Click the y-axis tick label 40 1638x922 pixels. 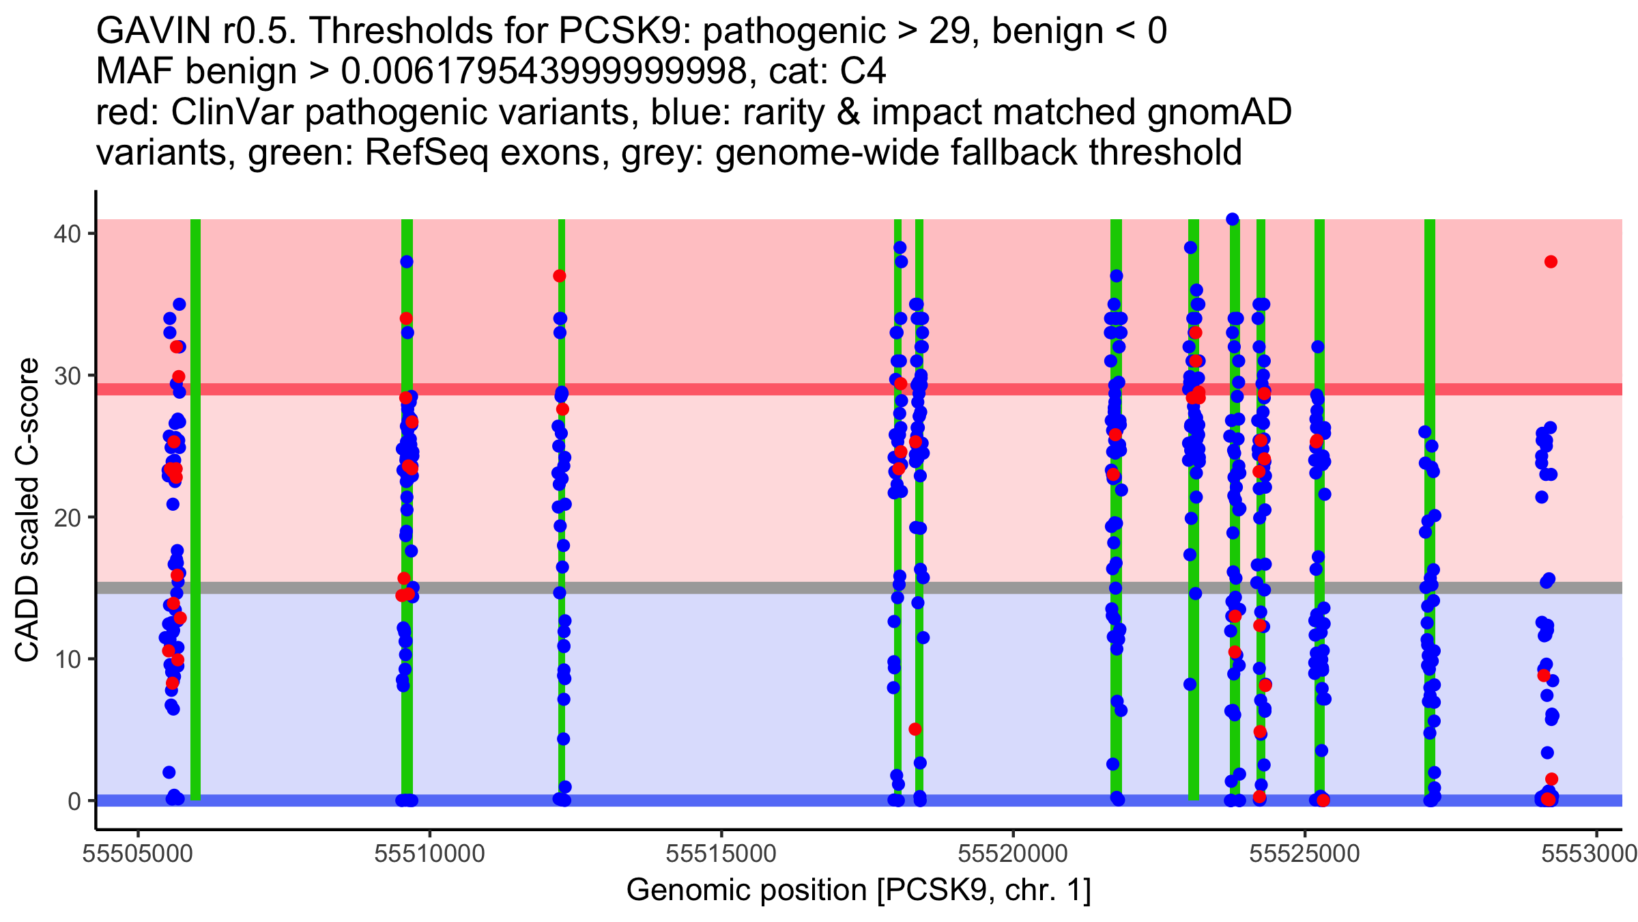click(x=66, y=234)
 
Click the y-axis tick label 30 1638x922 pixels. click(x=66, y=376)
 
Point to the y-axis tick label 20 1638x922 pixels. click(x=66, y=518)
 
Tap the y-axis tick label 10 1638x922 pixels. click(x=66, y=660)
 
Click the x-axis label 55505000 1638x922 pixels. click(x=139, y=854)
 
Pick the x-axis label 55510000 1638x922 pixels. click(x=430, y=854)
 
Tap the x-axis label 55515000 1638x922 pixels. click(x=721, y=854)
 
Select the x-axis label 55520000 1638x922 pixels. click(x=1014, y=854)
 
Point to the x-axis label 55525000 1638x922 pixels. click(x=1305, y=854)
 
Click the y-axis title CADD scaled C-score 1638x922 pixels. click(x=27, y=510)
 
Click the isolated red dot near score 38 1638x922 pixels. click(x=1551, y=262)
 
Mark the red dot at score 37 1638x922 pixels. click(x=560, y=276)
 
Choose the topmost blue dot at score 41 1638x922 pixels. click(x=1233, y=219)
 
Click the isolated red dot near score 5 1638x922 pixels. click(x=915, y=729)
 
